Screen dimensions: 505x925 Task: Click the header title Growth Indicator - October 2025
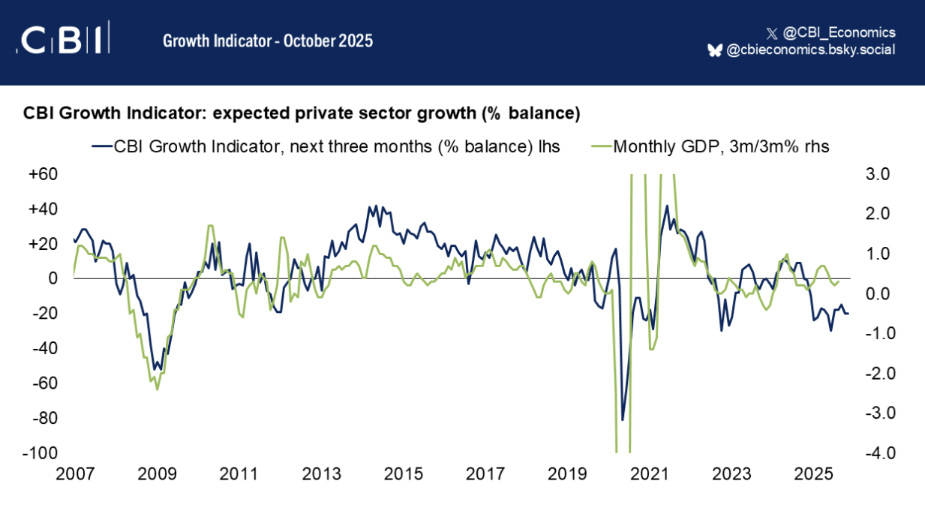(267, 41)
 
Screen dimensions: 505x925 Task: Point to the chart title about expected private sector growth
(302, 114)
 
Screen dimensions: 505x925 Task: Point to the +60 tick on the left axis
(44, 174)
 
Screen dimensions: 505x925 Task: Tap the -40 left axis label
(44, 348)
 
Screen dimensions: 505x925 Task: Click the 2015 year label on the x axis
(403, 474)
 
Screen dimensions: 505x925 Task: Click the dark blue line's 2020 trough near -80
(622, 419)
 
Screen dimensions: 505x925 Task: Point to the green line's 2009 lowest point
(157, 389)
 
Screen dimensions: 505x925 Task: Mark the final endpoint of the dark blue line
(848, 313)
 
